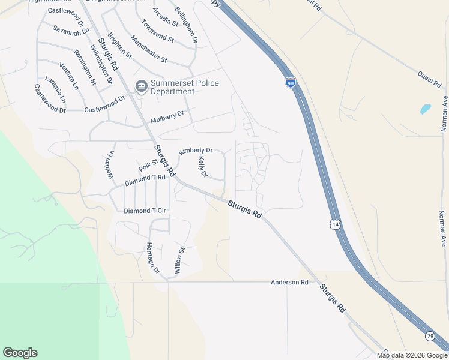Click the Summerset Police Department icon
142,88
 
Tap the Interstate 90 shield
291,82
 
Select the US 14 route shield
334,224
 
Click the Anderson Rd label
289,282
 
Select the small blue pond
426,109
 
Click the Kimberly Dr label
196,151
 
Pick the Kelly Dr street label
203,167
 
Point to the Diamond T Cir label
145,211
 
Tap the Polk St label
148,164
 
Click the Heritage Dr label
153,258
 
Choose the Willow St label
179,260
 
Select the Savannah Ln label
71,29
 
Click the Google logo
20,353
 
